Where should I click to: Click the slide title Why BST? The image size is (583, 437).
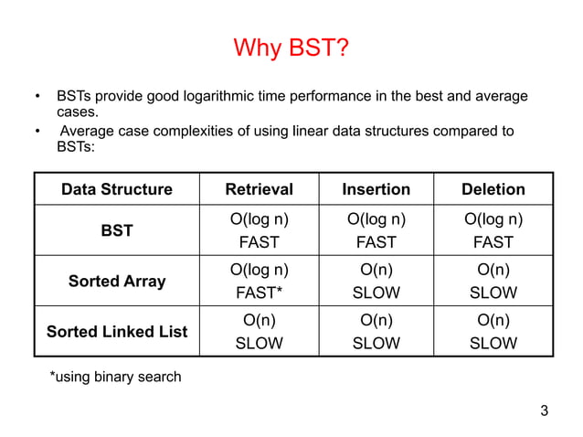click(x=291, y=47)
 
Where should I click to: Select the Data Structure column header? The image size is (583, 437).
click(x=116, y=189)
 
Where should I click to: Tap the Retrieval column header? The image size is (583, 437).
click(x=259, y=189)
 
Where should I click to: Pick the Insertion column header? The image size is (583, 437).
click(x=376, y=189)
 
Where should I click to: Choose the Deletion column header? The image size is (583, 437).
click(x=493, y=189)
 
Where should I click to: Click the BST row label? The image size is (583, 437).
click(x=116, y=231)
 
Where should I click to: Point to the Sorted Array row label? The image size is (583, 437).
click(x=116, y=282)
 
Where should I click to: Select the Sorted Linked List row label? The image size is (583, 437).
click(x=116, y=331)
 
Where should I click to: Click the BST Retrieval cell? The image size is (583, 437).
click(x=259, y=231)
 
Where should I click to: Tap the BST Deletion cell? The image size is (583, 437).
click(x=493, y=231)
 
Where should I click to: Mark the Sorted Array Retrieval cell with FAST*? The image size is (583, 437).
click(x=259, y=282)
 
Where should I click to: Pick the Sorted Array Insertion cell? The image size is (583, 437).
click(x=376, y=282)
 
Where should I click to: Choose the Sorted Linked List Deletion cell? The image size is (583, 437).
click(x=493, y=331)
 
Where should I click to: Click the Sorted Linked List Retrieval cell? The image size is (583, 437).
click(x=259, y=331)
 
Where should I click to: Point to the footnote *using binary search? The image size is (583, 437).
click(x=114, y=377)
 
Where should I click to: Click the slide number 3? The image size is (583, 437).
click(x=545, y=410)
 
